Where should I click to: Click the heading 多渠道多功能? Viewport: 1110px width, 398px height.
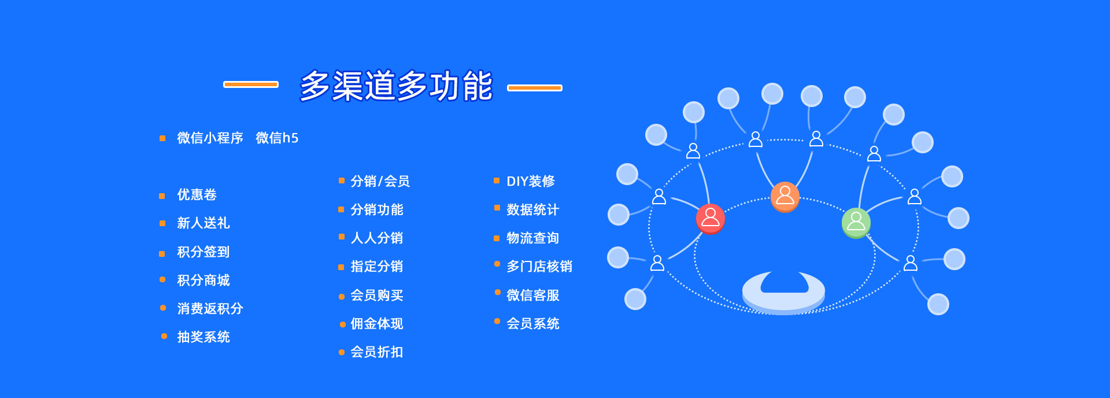[396, 86]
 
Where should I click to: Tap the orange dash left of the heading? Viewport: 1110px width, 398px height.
[251, 84]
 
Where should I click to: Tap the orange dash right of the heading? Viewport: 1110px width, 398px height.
[535, 88]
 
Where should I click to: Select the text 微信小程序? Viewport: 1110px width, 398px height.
[210, 138]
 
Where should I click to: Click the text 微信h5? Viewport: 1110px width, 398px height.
[277, 138]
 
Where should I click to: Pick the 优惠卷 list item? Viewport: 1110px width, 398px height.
[197, 194]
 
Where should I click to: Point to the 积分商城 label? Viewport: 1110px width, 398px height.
[203, 280]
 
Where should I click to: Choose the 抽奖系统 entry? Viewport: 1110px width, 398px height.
[203, 337]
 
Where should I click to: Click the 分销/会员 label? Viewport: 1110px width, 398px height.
[380, 181]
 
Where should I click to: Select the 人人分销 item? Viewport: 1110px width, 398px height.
[376, 238]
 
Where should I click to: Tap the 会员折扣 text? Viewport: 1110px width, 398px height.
[376, 352]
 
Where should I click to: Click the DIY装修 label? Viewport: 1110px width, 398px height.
[530, 181]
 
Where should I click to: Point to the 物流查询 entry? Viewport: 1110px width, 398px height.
[532, 238]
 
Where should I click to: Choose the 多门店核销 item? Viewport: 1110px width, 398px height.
[539, 266]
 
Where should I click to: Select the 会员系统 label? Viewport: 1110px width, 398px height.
[532, 323]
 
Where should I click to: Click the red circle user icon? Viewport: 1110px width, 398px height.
[710, 218]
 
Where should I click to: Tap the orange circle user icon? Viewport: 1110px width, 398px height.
[785, 196]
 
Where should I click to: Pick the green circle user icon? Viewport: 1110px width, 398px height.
[856, 222]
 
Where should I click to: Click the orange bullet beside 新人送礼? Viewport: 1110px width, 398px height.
[162, 223]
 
